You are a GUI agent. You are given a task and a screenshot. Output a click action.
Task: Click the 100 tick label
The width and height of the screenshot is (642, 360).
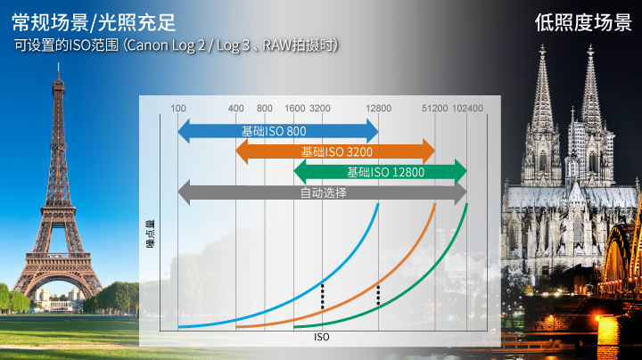tap(178, 109)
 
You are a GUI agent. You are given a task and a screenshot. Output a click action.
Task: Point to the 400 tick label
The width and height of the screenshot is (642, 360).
tap(235, 109)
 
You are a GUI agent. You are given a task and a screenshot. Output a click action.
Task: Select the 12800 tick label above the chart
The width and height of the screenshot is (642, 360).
tap(378, 109)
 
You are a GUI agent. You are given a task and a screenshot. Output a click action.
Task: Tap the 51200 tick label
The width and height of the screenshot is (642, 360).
tap(435, 109)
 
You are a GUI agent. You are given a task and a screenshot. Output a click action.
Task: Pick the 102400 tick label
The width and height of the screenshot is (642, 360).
tap(467, 109)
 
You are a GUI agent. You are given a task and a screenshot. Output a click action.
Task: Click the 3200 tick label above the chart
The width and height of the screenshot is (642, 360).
tap(320, 109)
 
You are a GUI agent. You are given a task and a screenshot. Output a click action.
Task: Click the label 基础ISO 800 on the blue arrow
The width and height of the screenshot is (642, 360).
tap(274, 131)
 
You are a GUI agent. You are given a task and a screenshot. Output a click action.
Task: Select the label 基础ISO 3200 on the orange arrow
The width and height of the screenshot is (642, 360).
tap(337, 151)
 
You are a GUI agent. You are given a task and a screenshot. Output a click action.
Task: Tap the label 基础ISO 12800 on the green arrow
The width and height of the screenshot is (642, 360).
tap(386, 172)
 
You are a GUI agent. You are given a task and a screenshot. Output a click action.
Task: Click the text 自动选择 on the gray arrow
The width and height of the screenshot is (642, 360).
tap(324, 192)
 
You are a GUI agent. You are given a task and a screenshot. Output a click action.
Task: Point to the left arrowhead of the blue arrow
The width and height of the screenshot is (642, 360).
tap(184, 131)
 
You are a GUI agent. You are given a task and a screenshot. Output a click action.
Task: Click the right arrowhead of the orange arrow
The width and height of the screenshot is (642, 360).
tap(429, 151)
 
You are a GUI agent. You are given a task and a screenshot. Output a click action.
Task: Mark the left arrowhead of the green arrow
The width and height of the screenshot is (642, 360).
tap(300, 172)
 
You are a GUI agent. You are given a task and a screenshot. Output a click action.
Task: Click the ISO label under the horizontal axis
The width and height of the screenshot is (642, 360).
tap(321, 337)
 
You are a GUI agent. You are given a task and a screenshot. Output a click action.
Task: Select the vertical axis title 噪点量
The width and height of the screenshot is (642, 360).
tap(151, 234)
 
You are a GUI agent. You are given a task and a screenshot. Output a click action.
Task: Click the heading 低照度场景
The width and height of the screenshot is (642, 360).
tap(583, 22)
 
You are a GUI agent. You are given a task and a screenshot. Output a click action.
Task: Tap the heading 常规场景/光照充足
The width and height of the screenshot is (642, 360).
tap(94, 22)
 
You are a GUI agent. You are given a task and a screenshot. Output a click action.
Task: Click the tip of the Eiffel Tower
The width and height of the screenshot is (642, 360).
tap(59, 63)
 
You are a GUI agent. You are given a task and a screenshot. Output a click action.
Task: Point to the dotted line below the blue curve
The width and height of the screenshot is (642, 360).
tap(323, 296)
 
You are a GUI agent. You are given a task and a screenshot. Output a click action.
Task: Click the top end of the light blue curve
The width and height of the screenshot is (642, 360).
tap(378, 204)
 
